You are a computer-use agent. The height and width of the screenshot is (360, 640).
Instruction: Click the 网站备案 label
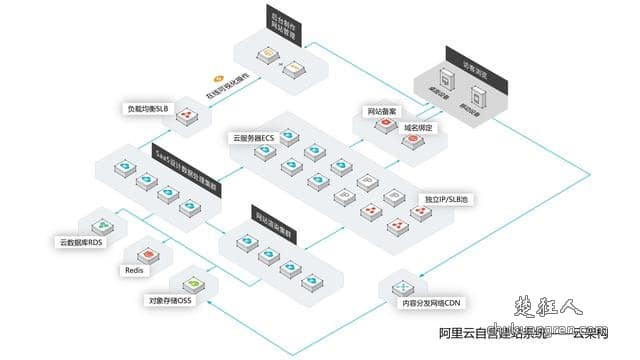[375, 112]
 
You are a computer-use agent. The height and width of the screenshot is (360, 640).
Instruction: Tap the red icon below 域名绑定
[411, 142]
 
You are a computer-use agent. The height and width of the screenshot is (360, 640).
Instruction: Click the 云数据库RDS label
[81, 242]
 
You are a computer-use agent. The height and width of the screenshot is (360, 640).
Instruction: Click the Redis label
[135, 270]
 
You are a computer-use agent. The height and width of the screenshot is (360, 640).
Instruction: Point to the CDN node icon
[394, 286]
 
